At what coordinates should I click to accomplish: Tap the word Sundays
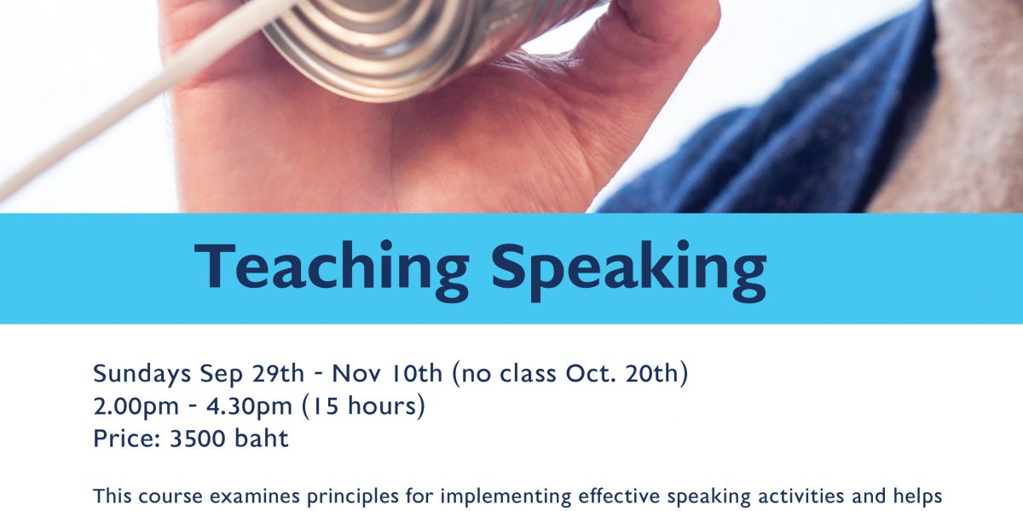142,375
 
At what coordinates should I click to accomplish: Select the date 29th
278,373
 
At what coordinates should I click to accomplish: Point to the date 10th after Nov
417,373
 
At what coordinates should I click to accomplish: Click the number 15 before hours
326,406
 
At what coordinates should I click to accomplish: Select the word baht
261,438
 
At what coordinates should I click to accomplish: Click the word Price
126,439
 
